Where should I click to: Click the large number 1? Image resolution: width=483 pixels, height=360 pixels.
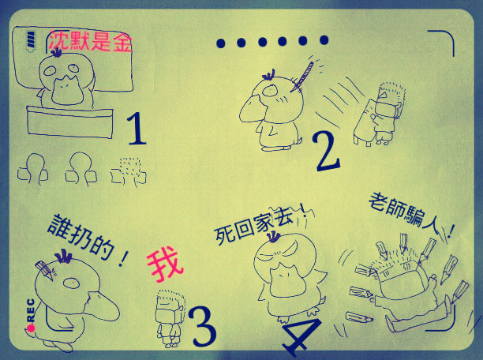tap(137, 129)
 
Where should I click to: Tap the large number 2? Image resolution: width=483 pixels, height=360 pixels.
tap(327, 152)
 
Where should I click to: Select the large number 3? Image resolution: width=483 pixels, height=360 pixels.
tap(202, 326)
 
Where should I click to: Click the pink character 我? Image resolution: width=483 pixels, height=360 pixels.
tap(165, 265)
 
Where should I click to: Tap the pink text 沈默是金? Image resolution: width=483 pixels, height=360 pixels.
tap(91, 41)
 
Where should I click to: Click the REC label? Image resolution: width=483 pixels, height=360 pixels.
tap(31, 310)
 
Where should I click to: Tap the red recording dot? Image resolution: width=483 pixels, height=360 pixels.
tap(31, 328)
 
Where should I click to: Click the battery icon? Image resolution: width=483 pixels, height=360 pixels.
tap(31, 39)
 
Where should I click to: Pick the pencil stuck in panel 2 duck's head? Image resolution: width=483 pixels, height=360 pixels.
tap(302, 77)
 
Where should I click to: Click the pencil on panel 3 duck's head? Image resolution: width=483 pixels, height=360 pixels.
tap(44, 270)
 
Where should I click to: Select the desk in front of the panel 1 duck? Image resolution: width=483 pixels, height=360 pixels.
tap(69, 122)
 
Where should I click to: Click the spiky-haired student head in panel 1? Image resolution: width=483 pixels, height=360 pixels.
tap(129, 172)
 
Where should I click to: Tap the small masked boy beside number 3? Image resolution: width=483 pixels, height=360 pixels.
tap(170, 318)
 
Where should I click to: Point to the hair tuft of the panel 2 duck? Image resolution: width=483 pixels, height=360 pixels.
tap(268, 75)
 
